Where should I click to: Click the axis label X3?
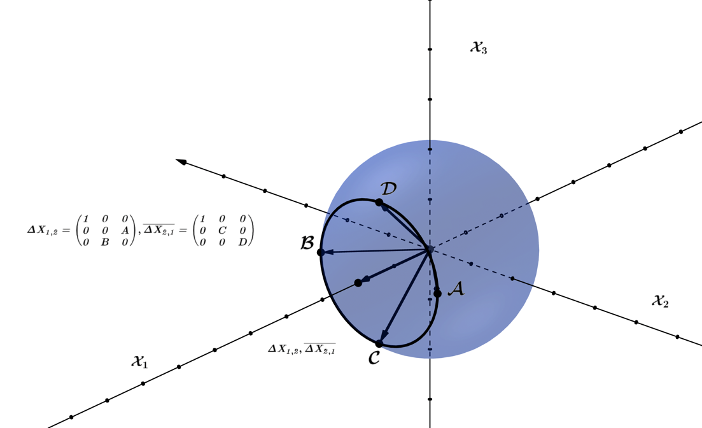point(479,47)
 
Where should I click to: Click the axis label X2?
point(660,301)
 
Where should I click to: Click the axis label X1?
point(139,361)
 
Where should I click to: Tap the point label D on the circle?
point(388,189)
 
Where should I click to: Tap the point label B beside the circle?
point(307,243)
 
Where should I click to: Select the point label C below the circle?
point(374,358)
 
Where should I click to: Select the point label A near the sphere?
point(456,289)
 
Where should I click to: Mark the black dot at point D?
point(379,203)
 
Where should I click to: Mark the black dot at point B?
point(321,252)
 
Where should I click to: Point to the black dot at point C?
point(379,344)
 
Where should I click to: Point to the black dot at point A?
point(437,294)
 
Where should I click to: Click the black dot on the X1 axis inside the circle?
point(358,283)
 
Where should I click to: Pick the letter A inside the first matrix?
point(125,231)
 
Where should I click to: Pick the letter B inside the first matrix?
point(105,242)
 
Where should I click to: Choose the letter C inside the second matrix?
point(222,231)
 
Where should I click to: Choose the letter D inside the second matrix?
point(242,242)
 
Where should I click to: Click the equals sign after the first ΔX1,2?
point(66,231)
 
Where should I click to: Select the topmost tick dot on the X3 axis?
point(430,49)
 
